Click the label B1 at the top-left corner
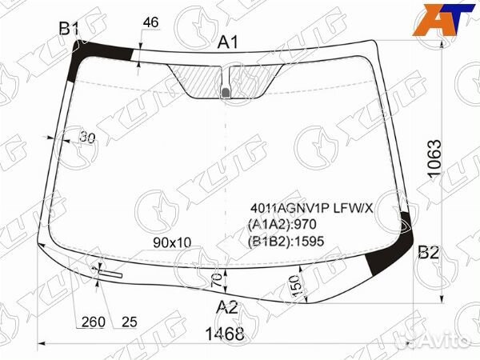point(69,29)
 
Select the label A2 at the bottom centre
point(227,307)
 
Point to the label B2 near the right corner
point(429,253)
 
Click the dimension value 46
point(151,22)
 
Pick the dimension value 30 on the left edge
point(87,138)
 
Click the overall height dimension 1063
point(435,158)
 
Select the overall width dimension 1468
point(225,334)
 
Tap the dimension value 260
point(94,322)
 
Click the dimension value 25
point(130,322)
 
